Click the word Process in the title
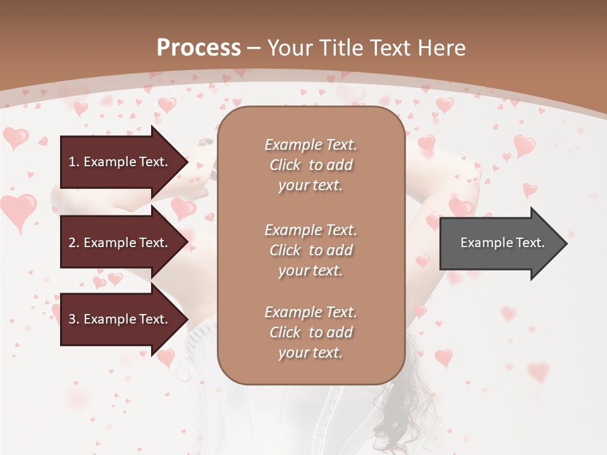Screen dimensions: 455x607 tap(199, 48)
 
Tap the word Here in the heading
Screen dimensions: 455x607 tap(442, 48)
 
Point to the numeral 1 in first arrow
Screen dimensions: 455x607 tap(71, 162)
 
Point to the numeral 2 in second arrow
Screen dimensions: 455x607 tap(72, 243)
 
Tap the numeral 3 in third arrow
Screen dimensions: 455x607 tap(72, 319)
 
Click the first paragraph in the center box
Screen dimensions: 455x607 tap(310, 165)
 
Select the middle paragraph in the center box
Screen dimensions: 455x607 tap(310, 250)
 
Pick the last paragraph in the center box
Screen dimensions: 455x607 tap(310, 332)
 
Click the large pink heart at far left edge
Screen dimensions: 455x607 tap(17, 210)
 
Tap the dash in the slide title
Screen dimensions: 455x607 tap(254, 48)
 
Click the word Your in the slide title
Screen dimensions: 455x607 tap(288, 48)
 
